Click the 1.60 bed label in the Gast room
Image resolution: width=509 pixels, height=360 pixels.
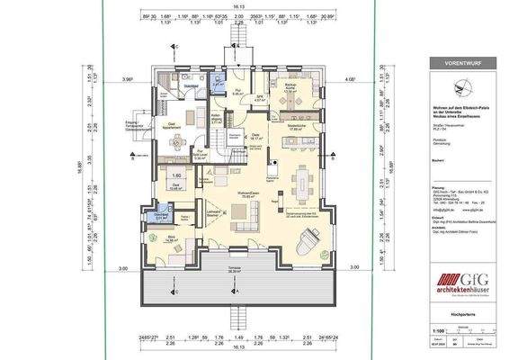pyautogui.click(x=176, y=175)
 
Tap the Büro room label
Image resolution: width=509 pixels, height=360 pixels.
pyautogui.click(x=171, y=238)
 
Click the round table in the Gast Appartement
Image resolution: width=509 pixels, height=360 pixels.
pyautogui.click(x=190, y=116)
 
